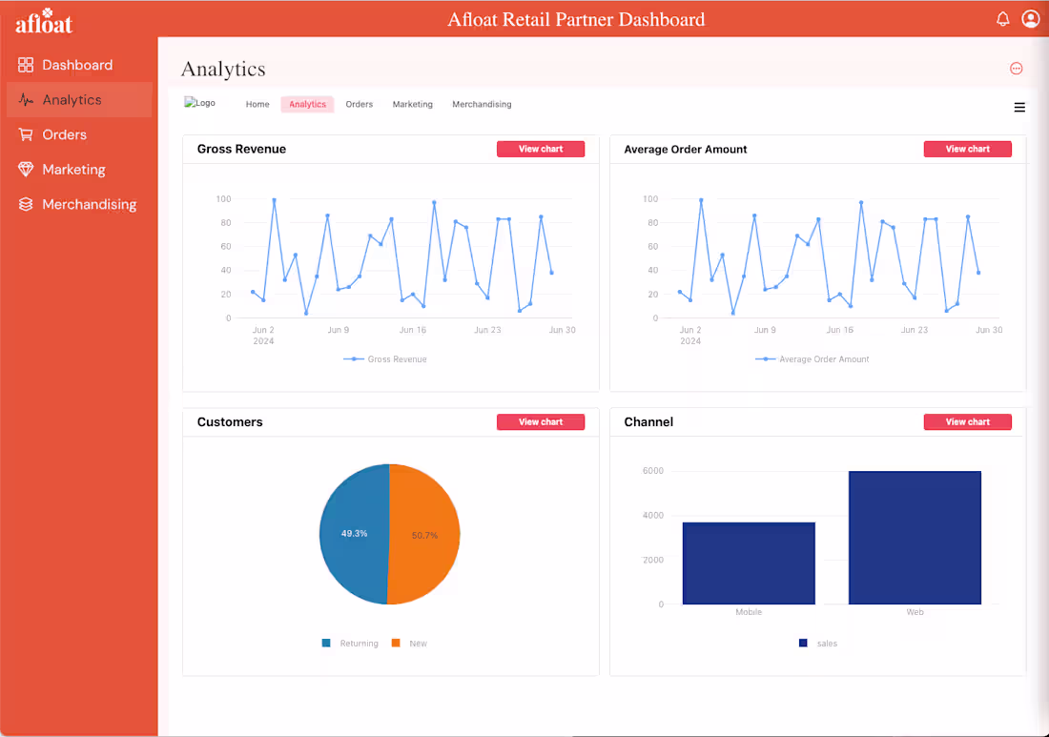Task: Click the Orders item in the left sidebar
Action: click(x=64, y=134)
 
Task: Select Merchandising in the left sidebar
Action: click(x=89, y=204)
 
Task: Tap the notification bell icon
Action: click(x=1002, y=19)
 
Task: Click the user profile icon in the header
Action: click(x=1030, y=19)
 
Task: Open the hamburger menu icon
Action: click(x=1019, y=108)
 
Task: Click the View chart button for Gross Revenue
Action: click(x=540, y=150)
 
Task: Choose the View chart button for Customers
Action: click(x=540, y=422)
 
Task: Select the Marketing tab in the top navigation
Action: click(x=412, y=105)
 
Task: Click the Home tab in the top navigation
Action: click(x=257, y=105)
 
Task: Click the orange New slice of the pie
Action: click(x=424, y=535)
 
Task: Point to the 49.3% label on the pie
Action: click(x=354, y=534)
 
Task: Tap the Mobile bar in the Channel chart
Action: click(x=749, y=563)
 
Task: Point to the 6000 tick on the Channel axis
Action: click(x=652, y=471)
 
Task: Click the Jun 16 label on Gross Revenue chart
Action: click(x=412, y=330)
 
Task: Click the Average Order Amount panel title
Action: click(x=685, y=150)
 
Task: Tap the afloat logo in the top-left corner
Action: click(x=44, y=23)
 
